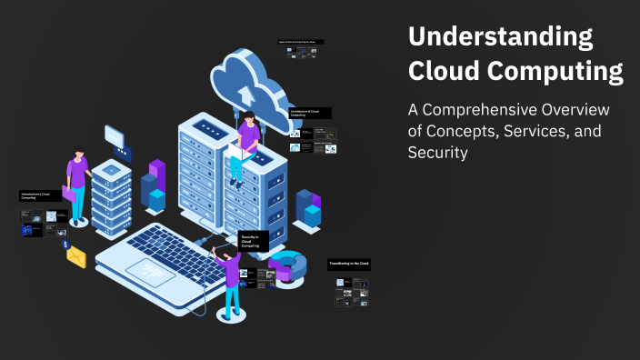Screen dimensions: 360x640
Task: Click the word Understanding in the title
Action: pyautogui.click(x=499, y=38)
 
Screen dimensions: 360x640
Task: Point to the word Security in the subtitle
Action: pyautogui.click(x=437, y=153)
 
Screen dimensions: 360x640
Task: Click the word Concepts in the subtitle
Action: pyautogui.click(x=465, y=132)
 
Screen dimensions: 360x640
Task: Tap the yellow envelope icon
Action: pyautogui.click(x=75, y=257)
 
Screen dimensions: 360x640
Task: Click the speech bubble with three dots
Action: pyautogui.click(x=115, y=136)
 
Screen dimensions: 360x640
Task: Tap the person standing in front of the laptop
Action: pyautogui.click(x=231, y=276)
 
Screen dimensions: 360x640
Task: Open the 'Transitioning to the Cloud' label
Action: pyautogui.click(x=349, y=265)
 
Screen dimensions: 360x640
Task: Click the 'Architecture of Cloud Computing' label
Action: pyautogui.click(x=309, y=113)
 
